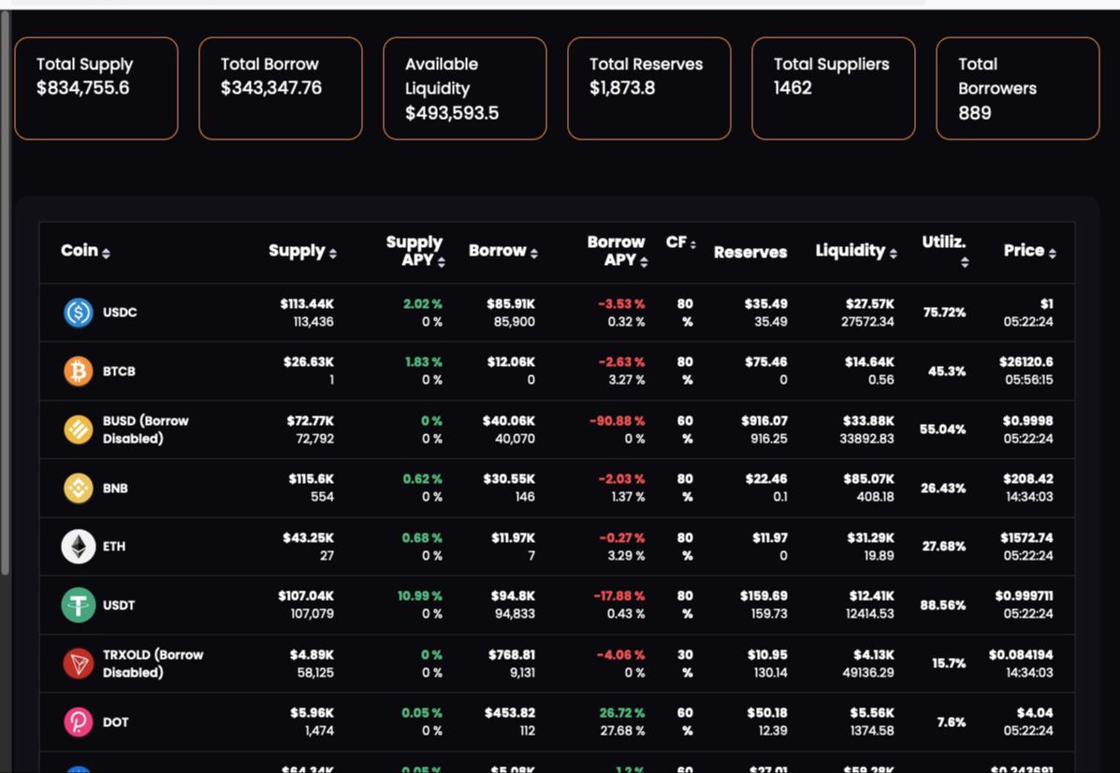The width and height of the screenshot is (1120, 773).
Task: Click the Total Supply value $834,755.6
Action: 82,88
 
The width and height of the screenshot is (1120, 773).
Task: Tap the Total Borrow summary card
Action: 280,88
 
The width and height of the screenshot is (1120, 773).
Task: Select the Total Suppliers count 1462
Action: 793,88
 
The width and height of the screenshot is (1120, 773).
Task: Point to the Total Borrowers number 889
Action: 974,112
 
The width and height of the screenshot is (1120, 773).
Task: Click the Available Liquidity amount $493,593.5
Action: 451,112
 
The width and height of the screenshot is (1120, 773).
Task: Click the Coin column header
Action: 80,251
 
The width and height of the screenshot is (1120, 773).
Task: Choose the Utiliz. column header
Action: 943,242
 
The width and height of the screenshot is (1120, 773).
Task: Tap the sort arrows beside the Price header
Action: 1053,253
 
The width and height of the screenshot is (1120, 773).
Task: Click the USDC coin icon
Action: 79,313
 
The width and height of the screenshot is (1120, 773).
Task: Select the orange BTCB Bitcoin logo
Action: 79,372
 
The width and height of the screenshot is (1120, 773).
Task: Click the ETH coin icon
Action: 79,547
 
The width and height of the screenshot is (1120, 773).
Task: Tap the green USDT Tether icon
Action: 79,605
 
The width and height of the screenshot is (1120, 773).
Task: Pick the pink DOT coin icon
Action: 79,722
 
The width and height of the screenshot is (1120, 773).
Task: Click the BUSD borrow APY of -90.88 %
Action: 617,421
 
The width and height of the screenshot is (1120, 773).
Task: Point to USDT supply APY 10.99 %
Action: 419,596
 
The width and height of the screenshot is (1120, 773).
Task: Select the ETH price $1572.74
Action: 1025,538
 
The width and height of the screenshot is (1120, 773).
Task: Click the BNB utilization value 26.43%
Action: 942,489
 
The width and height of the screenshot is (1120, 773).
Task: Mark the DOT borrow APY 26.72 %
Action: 621,713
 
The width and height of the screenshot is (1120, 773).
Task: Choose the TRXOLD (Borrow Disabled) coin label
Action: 153,664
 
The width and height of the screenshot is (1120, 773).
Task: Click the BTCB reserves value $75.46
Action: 765,362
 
